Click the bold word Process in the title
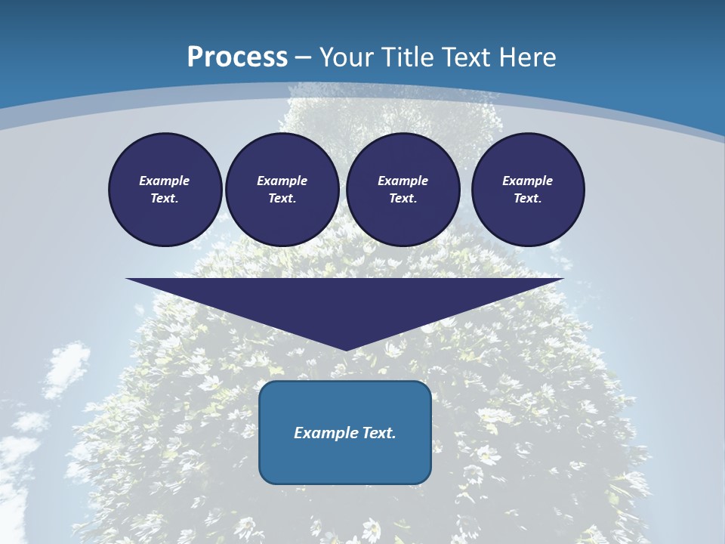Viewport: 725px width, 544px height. coord(237,57)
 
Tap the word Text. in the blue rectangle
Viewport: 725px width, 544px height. coord(378,433)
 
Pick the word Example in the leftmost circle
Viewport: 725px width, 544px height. coord(165,181)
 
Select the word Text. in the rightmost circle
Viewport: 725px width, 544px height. coord(528,199)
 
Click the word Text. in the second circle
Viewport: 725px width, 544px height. coord(282,199)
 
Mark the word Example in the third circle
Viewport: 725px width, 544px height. coord(403,181)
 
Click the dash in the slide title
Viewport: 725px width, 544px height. coord(303,57)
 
